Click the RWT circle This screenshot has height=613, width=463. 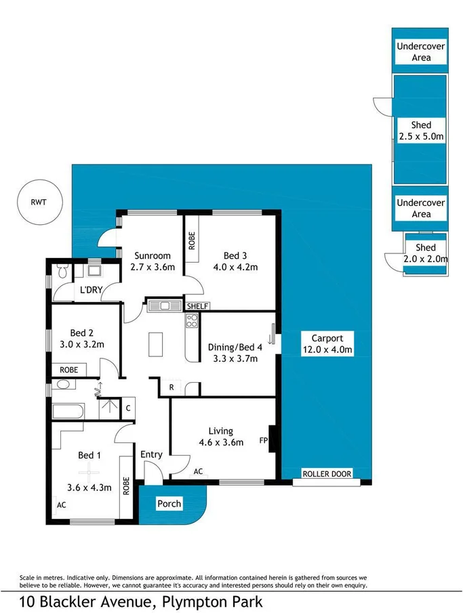pyautogui.click(x=39, y=201)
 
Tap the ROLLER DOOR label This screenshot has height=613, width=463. pyautogui.click(x=327, y=474)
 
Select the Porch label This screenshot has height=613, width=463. pyautogui.click(x=169, y=504)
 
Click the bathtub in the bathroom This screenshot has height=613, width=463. pyautogui.click(x=68, y=410)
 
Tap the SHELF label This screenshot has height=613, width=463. pyautogui.click(x=197, y=306)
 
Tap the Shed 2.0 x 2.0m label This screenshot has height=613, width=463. pyautogui.click(x=425, y=253)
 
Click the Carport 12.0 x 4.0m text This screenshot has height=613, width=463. pyautogui.click(x=327, y=344)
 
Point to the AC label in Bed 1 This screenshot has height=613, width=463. pyautogui.click(x=61, y=505)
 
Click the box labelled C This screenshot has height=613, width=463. pyautogui.click(x=128, y=408)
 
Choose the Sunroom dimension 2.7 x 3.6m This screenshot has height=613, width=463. pyautogui.click(x=153, y=267)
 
